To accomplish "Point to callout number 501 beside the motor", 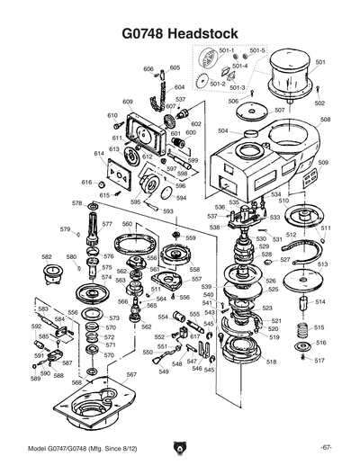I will tap(319, 61).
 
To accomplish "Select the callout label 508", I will tap(325, 120).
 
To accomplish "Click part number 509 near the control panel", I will tap(323, 163).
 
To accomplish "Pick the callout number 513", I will tap(322, 264).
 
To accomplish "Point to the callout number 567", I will tap(131, 374).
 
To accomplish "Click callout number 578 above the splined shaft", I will tap(77, 204).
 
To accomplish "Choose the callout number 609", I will tap(128, 102).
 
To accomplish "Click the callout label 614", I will tap(99, 155).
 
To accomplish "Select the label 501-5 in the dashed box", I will tap(257, 51).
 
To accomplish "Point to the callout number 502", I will tap(319, 103).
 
